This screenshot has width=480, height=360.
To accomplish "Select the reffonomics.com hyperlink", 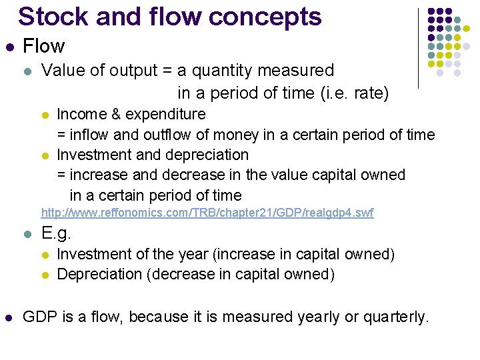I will (207, 213).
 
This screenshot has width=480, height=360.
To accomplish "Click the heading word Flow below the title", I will (43, 46).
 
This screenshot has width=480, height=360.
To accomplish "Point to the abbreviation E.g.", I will (56, 234).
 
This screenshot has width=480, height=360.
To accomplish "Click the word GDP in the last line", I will (39, 317).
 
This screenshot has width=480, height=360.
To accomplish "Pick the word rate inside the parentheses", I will (369, 93).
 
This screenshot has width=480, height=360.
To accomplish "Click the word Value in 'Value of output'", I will (62, 70).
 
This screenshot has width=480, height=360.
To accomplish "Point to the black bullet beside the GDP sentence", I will (8, 317).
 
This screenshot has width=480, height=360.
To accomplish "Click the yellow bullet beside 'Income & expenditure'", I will (45, 115).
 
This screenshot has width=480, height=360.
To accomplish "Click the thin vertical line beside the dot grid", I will (418, 48).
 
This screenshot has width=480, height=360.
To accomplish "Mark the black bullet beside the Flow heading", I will (8, 47).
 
